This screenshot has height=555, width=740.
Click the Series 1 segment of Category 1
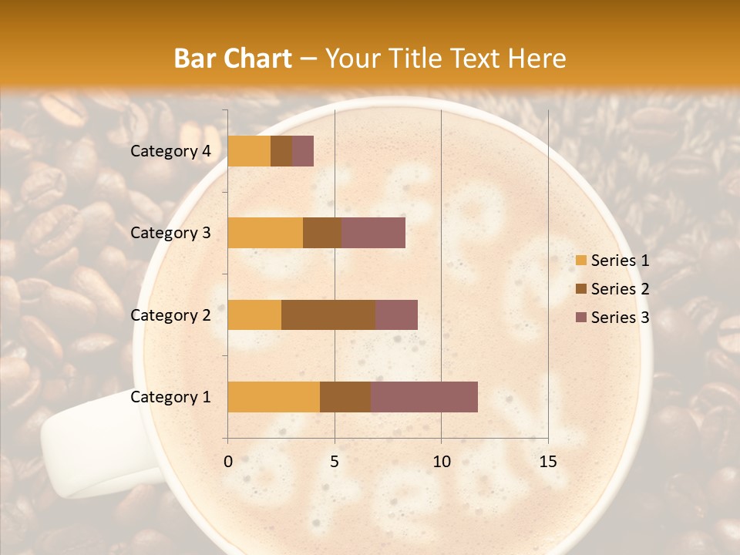point(274,397)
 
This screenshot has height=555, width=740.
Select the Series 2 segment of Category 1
point(345,397)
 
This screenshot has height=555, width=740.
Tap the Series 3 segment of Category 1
point(424,397)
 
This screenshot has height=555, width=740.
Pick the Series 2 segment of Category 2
point(328,314)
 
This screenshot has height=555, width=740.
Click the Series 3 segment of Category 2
point(396,314)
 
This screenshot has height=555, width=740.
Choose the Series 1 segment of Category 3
point(265,233)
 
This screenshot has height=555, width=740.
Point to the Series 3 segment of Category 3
point(373,233)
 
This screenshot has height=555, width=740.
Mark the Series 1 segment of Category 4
point(249,151)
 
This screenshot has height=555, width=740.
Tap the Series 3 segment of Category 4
point(303,151)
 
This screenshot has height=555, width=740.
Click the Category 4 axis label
point(170,151)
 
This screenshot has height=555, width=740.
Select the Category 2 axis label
point(170,314)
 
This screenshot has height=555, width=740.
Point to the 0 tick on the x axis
point(228,462)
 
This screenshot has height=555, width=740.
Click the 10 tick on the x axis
point(441,462)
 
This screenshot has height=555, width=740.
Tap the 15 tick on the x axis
point(547,462)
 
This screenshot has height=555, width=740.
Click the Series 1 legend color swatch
point(580,261)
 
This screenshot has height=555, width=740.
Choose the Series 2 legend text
point(620,289)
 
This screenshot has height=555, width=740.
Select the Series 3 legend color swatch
point(580,318)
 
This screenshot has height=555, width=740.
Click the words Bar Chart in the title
point(233,59)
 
